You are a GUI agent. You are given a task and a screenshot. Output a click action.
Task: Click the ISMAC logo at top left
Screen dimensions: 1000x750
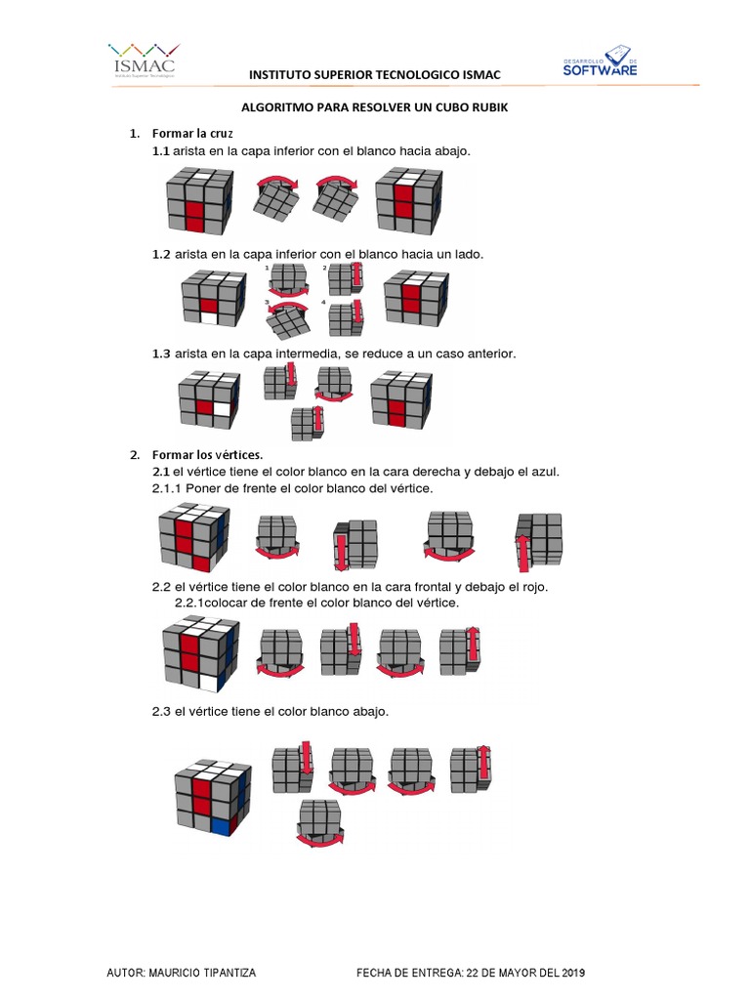[x=143, y=60]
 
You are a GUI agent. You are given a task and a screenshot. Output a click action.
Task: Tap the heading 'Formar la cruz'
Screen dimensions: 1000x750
[x=191, y=132]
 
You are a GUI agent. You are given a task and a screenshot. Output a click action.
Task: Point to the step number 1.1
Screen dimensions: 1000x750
[x=161, y=151]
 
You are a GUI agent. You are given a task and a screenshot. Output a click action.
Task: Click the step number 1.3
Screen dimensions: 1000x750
[x=161, y=353]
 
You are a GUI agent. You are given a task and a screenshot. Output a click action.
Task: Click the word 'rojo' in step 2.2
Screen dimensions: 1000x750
[x=532, y=587]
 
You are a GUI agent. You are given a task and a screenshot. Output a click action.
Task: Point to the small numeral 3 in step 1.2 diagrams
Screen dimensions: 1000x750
[x=268, y=304]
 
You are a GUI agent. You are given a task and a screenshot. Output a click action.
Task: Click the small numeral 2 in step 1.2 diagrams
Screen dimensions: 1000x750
[x=324, y=266]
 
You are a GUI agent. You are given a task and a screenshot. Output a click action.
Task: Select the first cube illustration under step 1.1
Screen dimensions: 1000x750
[x=199, y=199]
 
